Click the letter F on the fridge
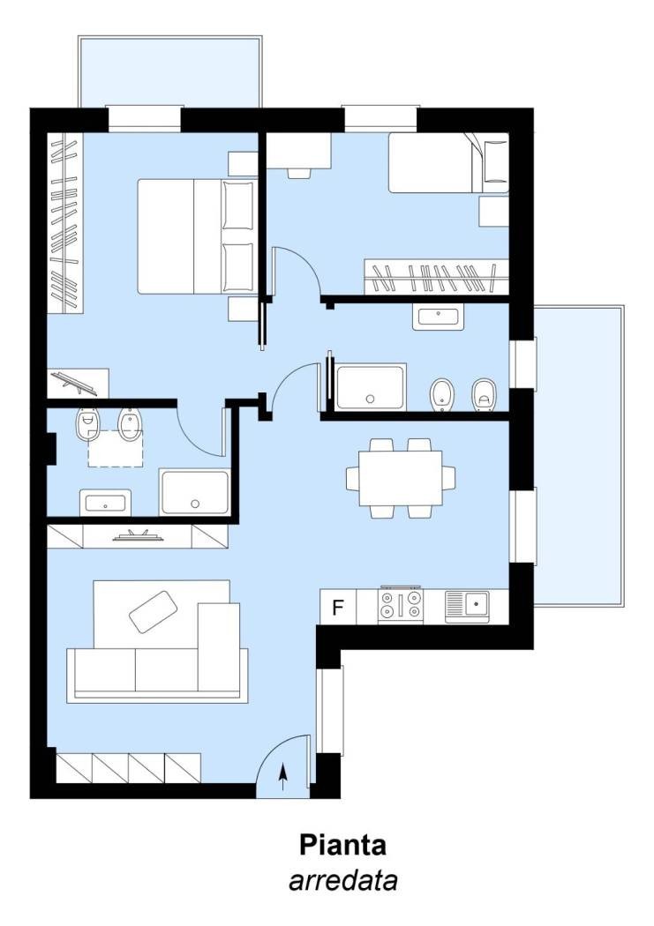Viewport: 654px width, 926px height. [x=338, y=607]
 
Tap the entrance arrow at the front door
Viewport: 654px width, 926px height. [x=283, y=777]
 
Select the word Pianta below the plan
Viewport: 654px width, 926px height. [x=342, y=845]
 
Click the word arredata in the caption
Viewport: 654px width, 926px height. [x=342, y=880]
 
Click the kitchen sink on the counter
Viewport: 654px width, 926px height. [x=467, y=606]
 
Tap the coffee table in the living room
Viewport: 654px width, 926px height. [x=154, y=611]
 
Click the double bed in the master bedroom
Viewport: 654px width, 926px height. [x=196, y=236]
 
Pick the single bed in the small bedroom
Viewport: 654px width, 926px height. [x=447, y=163]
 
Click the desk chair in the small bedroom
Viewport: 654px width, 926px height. [x=299, y=173]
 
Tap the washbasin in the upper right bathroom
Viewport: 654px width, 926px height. [x=439, y=317]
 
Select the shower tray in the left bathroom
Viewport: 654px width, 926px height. [x=195, y=492]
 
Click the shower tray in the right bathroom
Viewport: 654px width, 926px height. [x=371, y=387]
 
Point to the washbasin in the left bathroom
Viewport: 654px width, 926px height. [x=105, y=504]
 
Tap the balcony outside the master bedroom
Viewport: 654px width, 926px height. [x=169, y=72]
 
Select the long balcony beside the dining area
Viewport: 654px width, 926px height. [x=578, y=455]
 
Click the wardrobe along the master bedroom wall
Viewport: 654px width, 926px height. [x=65, y=223]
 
